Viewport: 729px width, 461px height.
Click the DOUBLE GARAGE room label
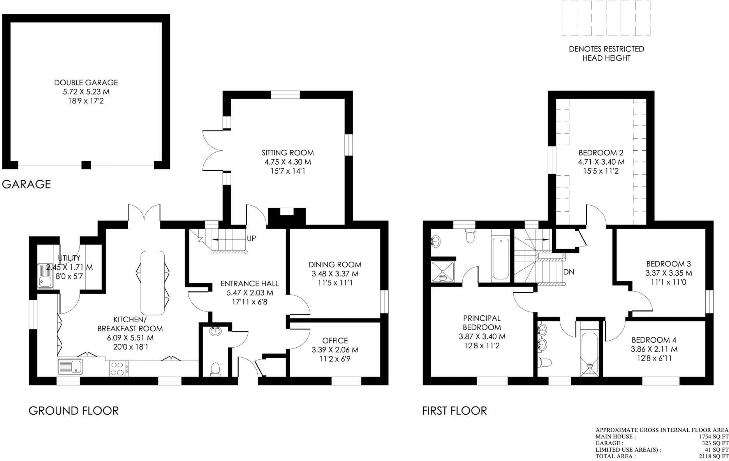[x=86, y=83]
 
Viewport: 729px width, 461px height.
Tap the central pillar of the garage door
[x=86, y=165]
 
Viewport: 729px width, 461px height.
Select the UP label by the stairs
[x=251, y=238]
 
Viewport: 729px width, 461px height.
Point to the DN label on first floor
[x=569, y=272]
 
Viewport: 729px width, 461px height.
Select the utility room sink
[x=46, y=276]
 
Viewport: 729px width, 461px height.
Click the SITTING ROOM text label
[x=287, y=153]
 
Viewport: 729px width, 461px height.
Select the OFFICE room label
[x=335, y=341]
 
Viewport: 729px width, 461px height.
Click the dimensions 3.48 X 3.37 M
[x=335, y=274]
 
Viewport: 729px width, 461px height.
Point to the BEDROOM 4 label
[x=654, y=340]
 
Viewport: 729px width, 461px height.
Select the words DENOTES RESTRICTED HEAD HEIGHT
[x=606, y=54]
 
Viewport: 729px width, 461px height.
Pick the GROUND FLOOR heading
[x=74, y=411]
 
